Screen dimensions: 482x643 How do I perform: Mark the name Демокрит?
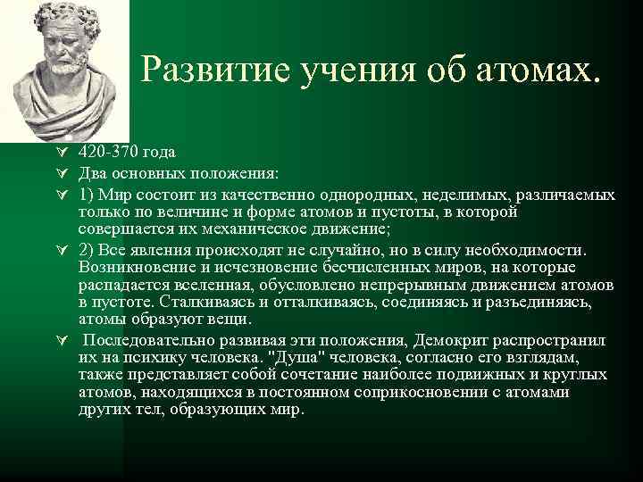tap(454, 342)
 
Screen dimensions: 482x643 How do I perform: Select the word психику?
tap(174, 358)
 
